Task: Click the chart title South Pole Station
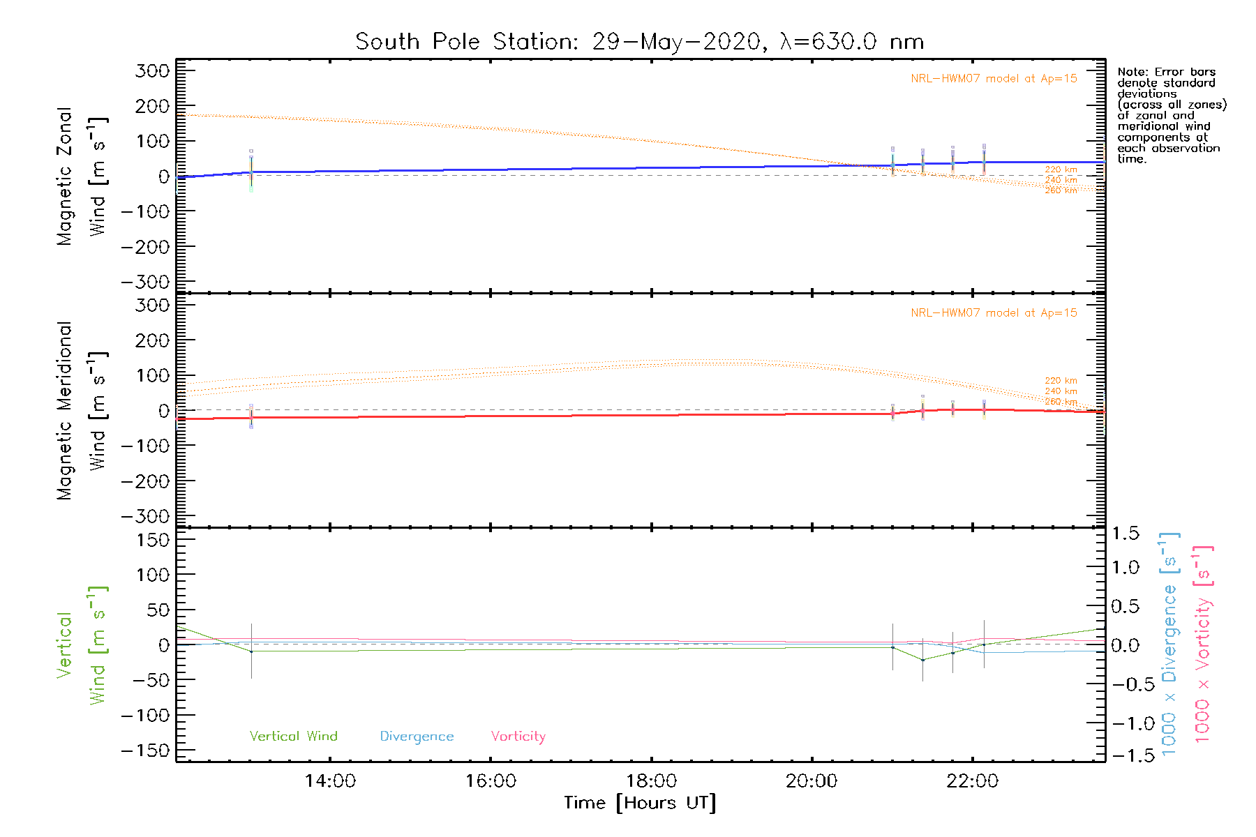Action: (639, 42)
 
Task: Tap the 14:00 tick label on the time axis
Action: (330, 781)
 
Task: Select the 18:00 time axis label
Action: (651, 781)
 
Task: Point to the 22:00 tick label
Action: (972, 781)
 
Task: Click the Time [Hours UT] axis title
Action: (640, 804)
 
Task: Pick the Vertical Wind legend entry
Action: (293, 737)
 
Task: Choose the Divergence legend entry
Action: (417, 737)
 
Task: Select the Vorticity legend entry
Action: (518, 737)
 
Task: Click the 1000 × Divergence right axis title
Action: (1169, 644)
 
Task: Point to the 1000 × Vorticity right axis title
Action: (1203, 644)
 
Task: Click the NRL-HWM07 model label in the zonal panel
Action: (994, 79)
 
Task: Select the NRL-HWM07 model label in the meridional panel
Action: (994, 313)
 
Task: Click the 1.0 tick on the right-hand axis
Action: (1125, 567)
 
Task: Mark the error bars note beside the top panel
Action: (1171, 115)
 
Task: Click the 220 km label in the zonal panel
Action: (1061, 169)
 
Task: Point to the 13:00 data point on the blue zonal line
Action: (251, 172)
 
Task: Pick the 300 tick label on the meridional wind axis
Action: (153, 306)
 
